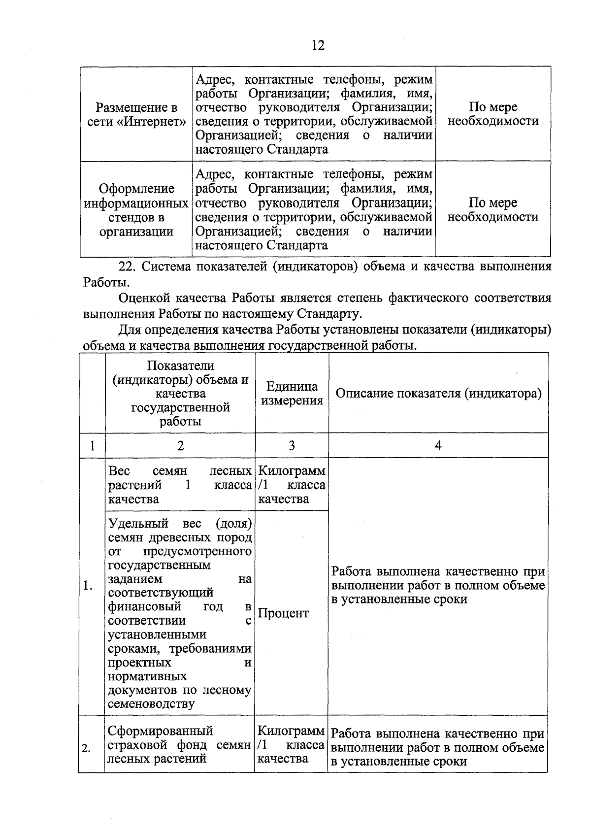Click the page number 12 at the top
click(318, 45)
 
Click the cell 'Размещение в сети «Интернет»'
click(136, 114)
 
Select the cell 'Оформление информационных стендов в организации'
click(136, 210)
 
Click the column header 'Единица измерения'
click(292, 393)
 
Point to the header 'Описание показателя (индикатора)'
click(438, 393)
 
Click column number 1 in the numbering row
click(92, 446)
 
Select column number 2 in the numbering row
click(180, 446)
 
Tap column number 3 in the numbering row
click(292, 446)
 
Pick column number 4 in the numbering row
click(438, 446)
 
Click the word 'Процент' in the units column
click(283, 613)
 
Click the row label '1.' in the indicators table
click(89, 586)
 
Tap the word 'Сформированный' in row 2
click(160, 731)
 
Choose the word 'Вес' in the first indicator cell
click(119, 471)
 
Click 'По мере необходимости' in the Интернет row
click(492, 114)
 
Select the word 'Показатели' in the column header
click(180, 366)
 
